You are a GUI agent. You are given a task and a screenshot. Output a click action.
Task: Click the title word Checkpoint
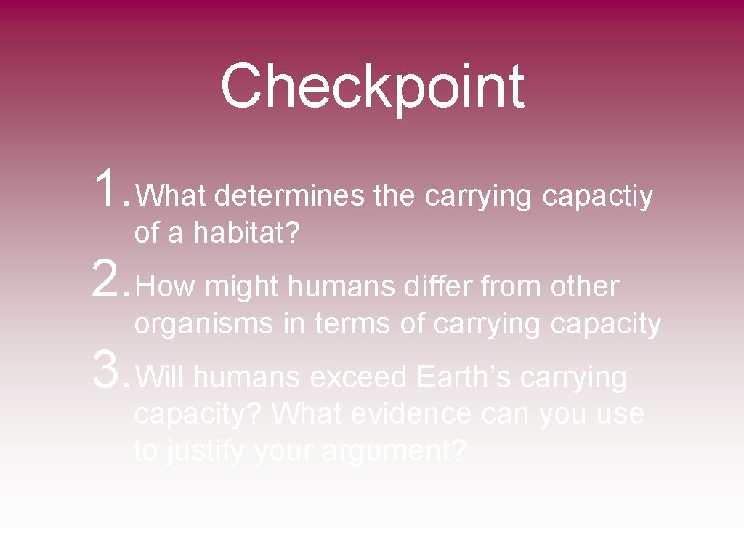pyautogui.click(x=372, y=87)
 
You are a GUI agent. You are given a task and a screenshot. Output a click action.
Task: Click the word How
pyautogui.click(x=166, y=288)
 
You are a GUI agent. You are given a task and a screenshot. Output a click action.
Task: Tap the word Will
pyautogui.click(x=161, y=378)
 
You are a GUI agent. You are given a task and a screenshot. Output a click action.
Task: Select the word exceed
pyautogui.click(x=358, y=378)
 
